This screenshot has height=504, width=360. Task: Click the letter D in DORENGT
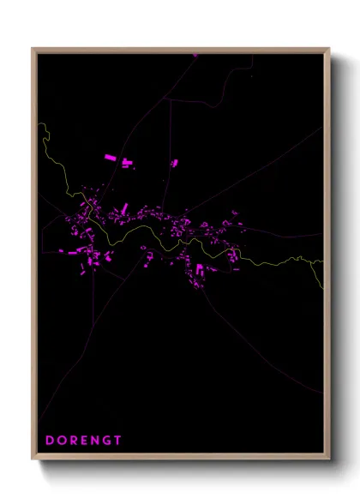pos(50,440)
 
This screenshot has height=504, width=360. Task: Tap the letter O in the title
pos(63,440)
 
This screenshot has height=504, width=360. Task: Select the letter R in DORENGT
pos(75,440)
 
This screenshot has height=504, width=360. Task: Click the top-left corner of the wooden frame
pos(33,49)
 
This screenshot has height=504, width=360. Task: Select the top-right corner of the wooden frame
pos(329,49)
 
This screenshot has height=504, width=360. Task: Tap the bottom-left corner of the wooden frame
pos(33,460)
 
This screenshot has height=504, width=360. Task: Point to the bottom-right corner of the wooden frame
pos(329,460)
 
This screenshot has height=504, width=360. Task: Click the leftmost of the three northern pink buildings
pos(109,158)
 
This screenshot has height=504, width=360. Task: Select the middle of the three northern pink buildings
pos(128,162)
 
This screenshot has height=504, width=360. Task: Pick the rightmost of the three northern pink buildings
pos(174,162)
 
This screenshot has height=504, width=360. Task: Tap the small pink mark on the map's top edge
pos(195,55)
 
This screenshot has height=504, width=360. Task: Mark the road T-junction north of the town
pos(169,99)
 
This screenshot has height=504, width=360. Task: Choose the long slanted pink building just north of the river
pos(124,208)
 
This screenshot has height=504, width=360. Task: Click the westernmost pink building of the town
pos(62,252)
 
